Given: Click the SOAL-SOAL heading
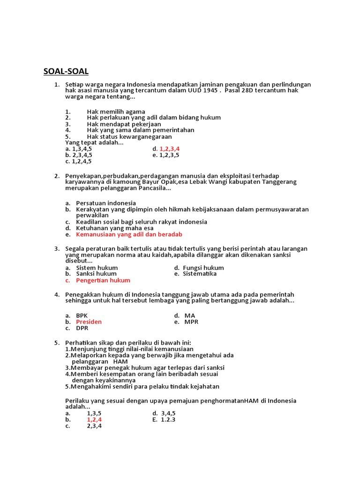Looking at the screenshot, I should (x=66, y=72).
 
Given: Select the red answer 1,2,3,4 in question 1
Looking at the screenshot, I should (x=170, y=149).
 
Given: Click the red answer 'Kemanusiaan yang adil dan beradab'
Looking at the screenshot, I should (x=129, y=234).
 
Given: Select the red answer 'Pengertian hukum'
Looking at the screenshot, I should (x=103, y=280).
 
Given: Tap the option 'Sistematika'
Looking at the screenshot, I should (x=200, y=274).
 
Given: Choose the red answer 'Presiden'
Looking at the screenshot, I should (x=89, y=322).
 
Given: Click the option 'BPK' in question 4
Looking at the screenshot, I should (x=82, y=315).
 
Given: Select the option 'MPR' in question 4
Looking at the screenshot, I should (x=191, y=322).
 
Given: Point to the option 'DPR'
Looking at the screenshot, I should (x=82, y=328).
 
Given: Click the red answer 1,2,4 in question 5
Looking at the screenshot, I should (x=94, y=420).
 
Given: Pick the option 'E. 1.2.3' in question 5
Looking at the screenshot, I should (x=164, y=420).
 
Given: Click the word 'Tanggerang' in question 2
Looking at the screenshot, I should (x=279, y=182).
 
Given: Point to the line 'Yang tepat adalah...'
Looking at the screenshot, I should (x=94, y=142).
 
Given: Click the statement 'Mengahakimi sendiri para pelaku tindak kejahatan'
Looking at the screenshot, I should (x=145, y=387).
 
